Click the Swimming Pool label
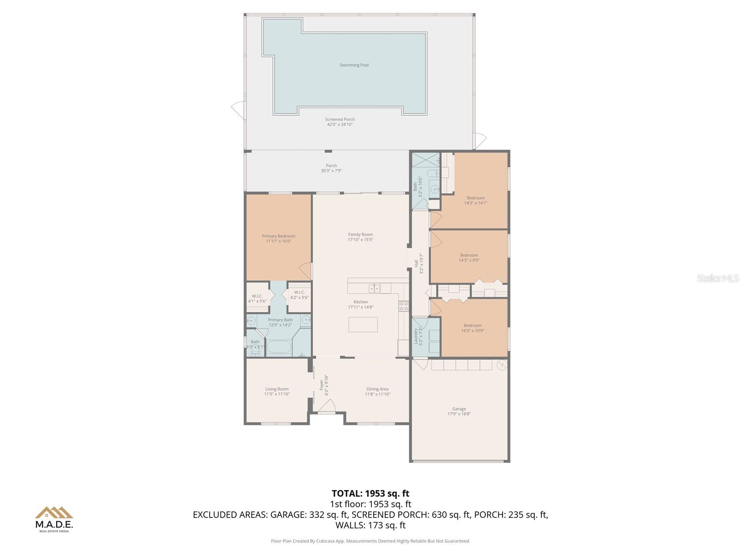pos(354,65)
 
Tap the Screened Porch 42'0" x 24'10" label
pos(340,122)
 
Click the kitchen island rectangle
pos(363,324)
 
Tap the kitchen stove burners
pos(404,306)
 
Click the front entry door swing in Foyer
pos(327,406)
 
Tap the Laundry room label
pos(415,336)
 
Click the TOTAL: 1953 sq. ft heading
pos(370,493)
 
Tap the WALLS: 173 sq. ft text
pos(370,525)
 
